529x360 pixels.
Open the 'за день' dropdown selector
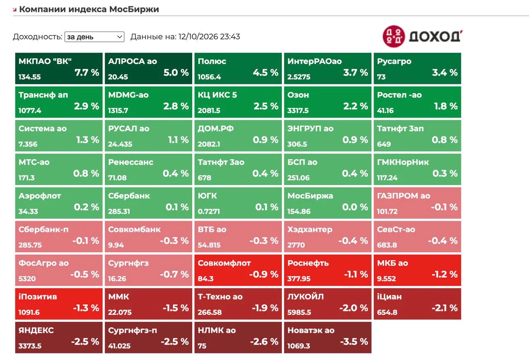coord(94,37)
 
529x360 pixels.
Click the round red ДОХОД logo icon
coord(394,36)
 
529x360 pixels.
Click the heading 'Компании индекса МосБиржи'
coord(89,9)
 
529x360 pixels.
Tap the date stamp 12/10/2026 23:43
coord(209,37)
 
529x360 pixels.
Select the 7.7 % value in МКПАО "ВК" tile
coord(87,72)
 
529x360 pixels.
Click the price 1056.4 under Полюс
coord(209,77)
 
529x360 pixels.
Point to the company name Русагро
coord(394,62)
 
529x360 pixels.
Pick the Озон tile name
coord(298,95)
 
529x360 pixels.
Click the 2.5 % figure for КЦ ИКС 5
coord(266,106)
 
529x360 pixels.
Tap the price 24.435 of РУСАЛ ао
coord(120,144)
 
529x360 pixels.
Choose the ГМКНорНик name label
coord(403,162)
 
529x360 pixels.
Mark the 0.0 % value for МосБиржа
coord(355,207)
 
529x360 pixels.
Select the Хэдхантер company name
coord(310,230)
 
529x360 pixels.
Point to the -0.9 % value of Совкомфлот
coord(264,274)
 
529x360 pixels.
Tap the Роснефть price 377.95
coord(299,279)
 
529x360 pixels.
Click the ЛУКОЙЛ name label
coord(305,297)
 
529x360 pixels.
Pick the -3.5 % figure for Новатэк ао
coord(354,342)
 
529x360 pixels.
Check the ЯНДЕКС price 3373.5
coord(30,346)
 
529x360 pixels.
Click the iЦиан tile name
coord(389,297)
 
